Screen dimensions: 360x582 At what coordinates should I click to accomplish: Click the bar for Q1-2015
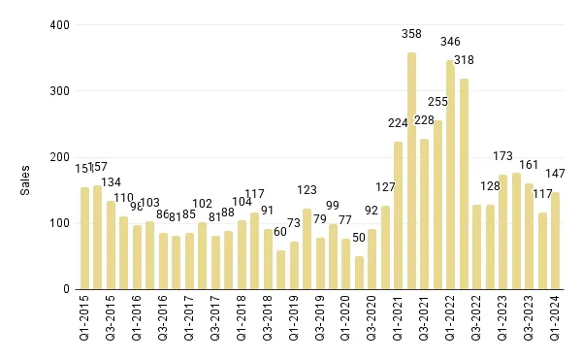[x=84, y=239]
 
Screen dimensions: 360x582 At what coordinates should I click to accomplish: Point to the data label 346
[x=450, y=42]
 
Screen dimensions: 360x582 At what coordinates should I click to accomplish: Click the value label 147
[x=556, y=174]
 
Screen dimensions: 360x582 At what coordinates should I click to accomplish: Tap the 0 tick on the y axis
[x=65, y=289]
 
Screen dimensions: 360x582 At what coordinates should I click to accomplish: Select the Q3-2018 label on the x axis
[x=268, y=324]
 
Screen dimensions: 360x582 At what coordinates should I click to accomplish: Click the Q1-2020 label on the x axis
[x=346, y=324]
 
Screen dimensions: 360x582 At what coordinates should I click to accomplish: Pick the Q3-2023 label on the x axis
[x=530, y=324]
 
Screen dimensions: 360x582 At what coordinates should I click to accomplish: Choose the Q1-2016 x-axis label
[x=137, y=324]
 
